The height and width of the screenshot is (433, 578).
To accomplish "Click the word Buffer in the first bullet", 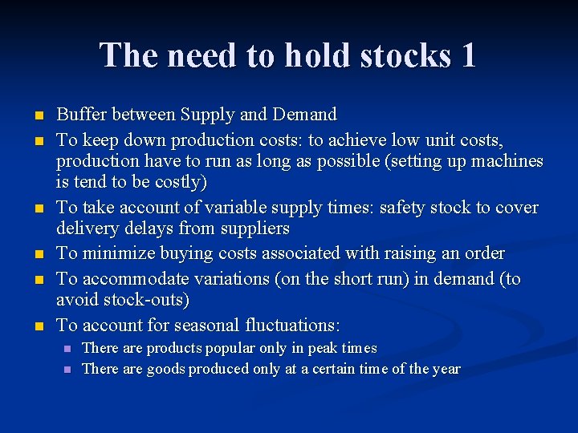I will (81, 115).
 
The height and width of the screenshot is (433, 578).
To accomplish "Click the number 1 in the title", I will (467, 55).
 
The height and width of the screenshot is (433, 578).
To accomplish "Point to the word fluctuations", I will (292, 326).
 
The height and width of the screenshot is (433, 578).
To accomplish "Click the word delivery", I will (87, 229).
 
